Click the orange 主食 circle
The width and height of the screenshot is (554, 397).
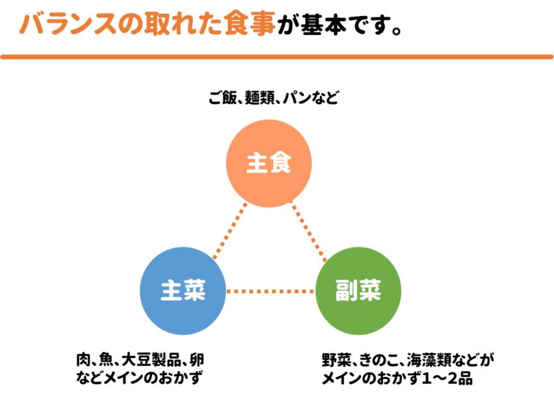[x=268, y=163]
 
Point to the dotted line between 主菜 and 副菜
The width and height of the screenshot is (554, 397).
[x=270, y=291]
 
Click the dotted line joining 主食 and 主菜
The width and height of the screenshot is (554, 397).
[x=229, y=230]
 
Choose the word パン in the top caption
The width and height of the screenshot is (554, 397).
[x=296, y=99]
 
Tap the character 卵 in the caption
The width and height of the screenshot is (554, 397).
[x=199, y=361]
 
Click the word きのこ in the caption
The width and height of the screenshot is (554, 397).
[x=378, y=361]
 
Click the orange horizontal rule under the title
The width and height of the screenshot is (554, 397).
[x=277, y=58]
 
